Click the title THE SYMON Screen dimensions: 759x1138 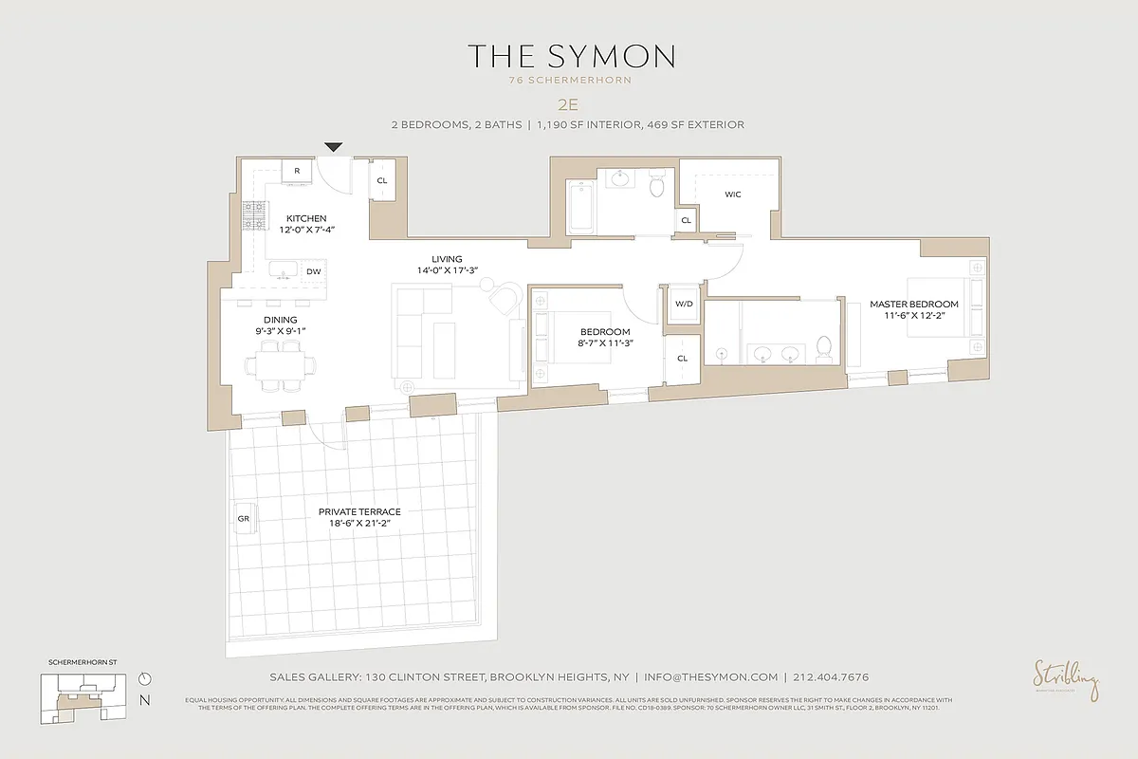point(570,56)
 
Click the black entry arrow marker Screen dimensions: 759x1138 point(334,147)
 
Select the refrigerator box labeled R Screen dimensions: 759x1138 point(297,171)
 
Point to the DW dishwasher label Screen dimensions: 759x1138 point(313,271)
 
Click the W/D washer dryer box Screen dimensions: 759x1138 point(682,305)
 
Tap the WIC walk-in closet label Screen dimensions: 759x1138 point(732,194)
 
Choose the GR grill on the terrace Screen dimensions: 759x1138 point(243,519)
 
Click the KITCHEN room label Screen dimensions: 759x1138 point(307,219)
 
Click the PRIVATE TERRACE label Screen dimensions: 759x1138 point(359,511)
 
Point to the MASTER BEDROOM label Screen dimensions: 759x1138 point(914,305)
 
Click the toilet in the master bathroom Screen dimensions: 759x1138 point(823,349)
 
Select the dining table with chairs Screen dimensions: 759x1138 point(281,365)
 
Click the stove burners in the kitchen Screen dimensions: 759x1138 point(254,216)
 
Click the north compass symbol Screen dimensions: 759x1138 point(144,678)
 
